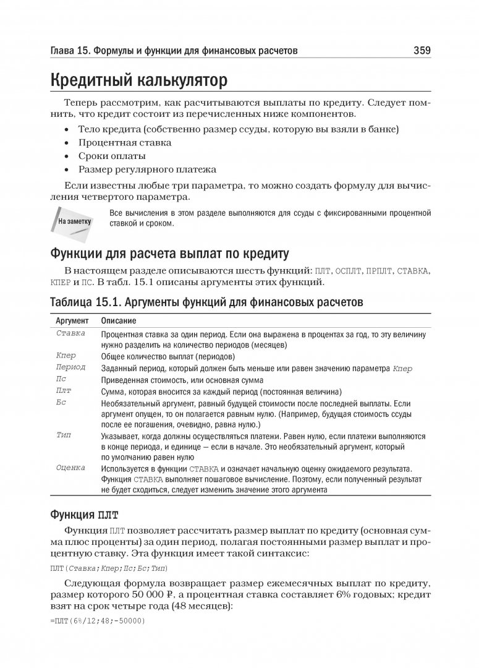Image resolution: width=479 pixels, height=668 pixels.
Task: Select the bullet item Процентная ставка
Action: pos(125,142)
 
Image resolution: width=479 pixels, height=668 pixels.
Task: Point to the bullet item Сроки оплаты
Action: pos(112,156)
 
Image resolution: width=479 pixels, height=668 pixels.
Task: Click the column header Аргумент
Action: pos(72,322)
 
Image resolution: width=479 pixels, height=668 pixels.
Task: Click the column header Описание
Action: pos(119,322)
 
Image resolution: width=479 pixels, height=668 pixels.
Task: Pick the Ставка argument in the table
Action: pos(70,333)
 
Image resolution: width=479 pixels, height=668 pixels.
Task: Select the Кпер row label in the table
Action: pos(66,356)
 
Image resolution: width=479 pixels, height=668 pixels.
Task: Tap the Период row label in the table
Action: pos(70,368)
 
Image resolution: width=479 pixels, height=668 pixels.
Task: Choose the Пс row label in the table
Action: pos(61,380)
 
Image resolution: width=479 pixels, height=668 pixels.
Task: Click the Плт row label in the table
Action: pos(64,392)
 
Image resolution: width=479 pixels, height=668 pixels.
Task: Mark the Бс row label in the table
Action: pos(61,403)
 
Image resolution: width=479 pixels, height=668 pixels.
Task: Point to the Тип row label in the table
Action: pos(64,435)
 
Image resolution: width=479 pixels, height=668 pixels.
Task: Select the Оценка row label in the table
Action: pos(70,468)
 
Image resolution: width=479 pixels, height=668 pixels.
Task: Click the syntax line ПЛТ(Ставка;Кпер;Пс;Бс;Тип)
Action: pos(108,568)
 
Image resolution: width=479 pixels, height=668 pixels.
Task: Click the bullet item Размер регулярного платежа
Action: pos(147,169)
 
